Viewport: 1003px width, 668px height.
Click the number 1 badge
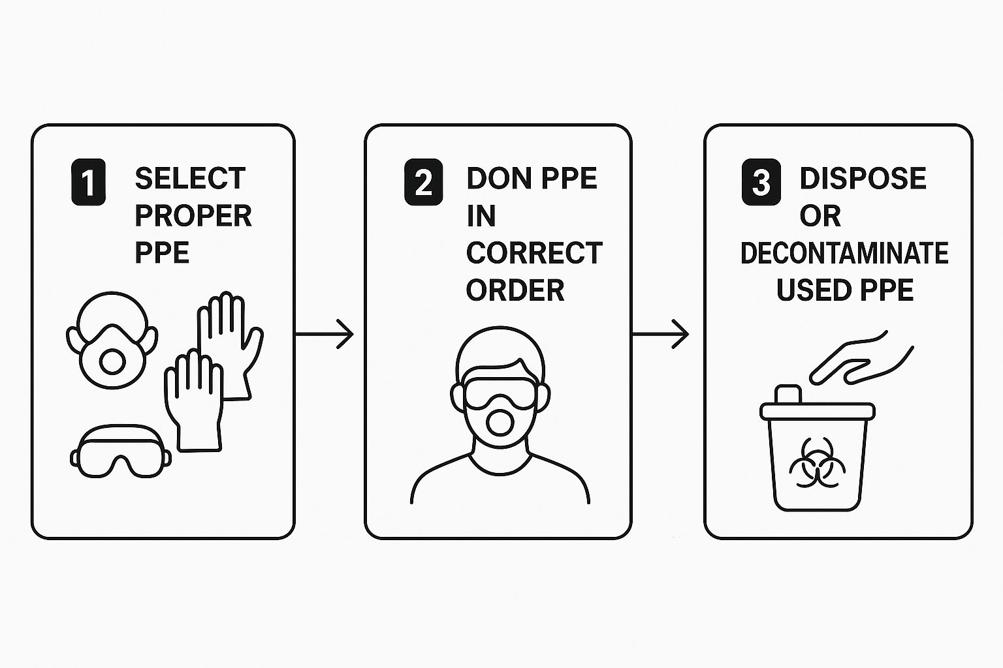pyautogui.click(x=88, y=183)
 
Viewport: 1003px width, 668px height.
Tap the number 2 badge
pyautogui.click(x=423, y=183)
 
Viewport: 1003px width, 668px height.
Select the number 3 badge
pyautogui.click(x=761, y=183)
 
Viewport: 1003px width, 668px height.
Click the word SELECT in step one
pyautogui.click(x=190, y=178)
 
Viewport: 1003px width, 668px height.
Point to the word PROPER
pyautogui.click(x=193, y=216)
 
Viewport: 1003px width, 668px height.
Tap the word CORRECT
pyautogui.click(x=534, y=253)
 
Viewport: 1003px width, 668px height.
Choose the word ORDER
pyautogui.click(x=515, y=290)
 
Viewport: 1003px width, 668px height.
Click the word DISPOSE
pyautogui.click(x=863, y=178)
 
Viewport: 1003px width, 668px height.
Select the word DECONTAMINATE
pyautogui.click(x=844, y=253)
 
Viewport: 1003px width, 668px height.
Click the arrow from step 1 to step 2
pyautogui.click(x=324, y=334)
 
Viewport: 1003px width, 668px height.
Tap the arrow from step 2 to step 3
pyautogui.click(x=660, y=334)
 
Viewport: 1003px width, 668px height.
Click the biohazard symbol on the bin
pyautogui.click(x=817, y=467)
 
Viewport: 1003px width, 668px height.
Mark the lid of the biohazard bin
pyautogui.click(x=817, y=410)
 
